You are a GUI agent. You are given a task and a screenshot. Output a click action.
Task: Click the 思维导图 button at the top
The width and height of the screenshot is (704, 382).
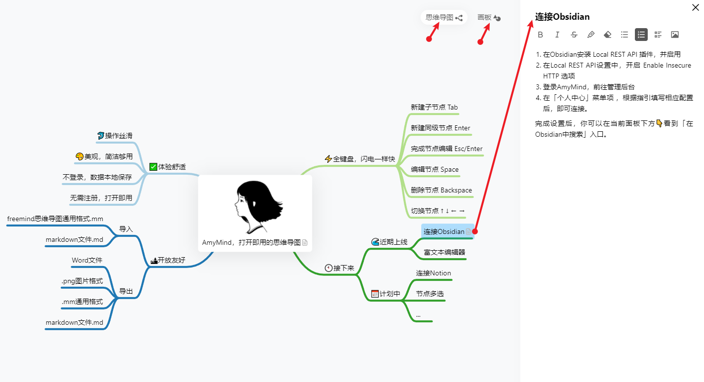coord(444,17)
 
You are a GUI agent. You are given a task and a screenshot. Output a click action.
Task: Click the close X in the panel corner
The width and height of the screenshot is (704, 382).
coord(695,7)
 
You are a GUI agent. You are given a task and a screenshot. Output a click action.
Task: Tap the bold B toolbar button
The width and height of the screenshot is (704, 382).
coord(540,35)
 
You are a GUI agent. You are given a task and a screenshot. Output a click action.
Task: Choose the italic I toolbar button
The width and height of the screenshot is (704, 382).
coord(557,35)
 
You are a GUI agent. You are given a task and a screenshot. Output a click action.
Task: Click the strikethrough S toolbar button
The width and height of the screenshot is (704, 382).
coord(574,35)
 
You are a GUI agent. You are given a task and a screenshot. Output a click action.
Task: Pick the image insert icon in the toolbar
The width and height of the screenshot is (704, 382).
coord(675,35)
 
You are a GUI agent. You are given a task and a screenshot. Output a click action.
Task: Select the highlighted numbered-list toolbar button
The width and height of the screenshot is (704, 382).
coord(641,35)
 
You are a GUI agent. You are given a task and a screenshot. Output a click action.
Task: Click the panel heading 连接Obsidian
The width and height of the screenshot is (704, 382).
coord(562,17)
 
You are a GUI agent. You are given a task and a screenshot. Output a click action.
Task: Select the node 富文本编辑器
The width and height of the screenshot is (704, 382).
coord(444,252)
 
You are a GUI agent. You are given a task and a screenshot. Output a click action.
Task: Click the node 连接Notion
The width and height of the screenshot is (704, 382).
coord(433,273)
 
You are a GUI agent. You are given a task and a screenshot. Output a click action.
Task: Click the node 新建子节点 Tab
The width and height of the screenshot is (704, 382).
coord(434,107)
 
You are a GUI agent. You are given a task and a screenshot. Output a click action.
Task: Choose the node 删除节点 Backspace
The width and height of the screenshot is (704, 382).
coord(441,190)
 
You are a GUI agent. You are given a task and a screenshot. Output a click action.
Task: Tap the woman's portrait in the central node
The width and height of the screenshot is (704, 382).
coord(255,207)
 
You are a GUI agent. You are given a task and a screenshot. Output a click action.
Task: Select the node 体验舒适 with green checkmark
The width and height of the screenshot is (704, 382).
coord(168,167)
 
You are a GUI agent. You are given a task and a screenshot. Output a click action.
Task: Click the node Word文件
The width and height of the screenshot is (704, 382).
coord(87,260)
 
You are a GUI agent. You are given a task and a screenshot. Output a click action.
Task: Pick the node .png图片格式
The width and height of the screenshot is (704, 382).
coord(82,281)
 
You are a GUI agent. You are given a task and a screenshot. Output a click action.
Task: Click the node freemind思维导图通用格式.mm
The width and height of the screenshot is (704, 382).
coord(55,219)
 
